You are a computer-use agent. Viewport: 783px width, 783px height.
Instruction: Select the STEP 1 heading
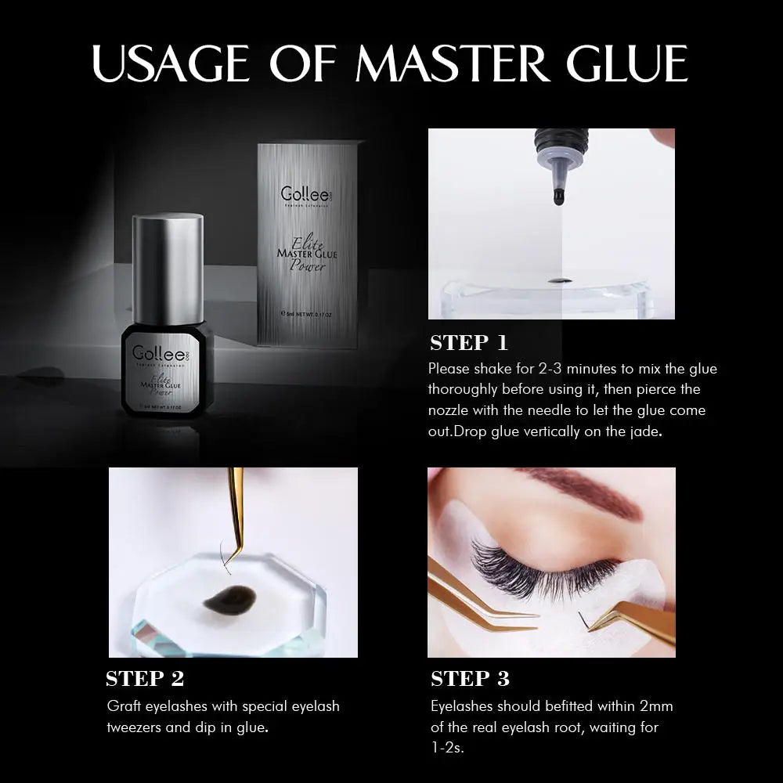pos(469,343)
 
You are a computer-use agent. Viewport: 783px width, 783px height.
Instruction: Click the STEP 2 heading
pos(145,678)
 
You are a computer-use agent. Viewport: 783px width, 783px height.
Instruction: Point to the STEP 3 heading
pos(470,678)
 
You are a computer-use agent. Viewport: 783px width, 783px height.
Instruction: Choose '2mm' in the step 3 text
pos(655,706)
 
